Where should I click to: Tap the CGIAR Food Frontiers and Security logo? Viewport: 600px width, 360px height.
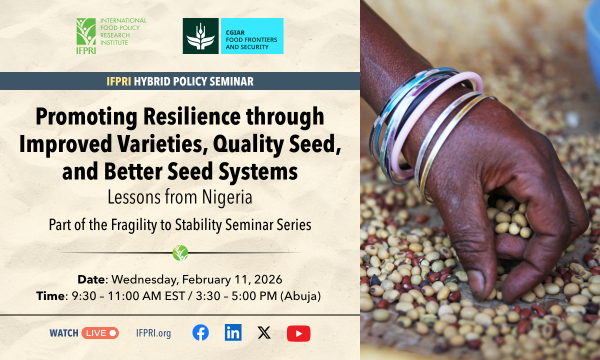(232, 36)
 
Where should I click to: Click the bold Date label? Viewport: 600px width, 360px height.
(92, 277)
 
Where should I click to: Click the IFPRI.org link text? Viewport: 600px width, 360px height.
(153, 333)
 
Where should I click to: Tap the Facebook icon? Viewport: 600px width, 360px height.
(200, 333)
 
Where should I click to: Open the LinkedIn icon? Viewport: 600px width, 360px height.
(232, 333)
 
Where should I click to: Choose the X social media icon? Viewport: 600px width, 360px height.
(264, 333)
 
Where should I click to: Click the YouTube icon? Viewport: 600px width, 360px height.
(298, 333)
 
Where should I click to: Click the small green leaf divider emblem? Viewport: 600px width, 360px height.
(180, 251)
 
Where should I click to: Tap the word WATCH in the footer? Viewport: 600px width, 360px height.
(63, 333)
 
